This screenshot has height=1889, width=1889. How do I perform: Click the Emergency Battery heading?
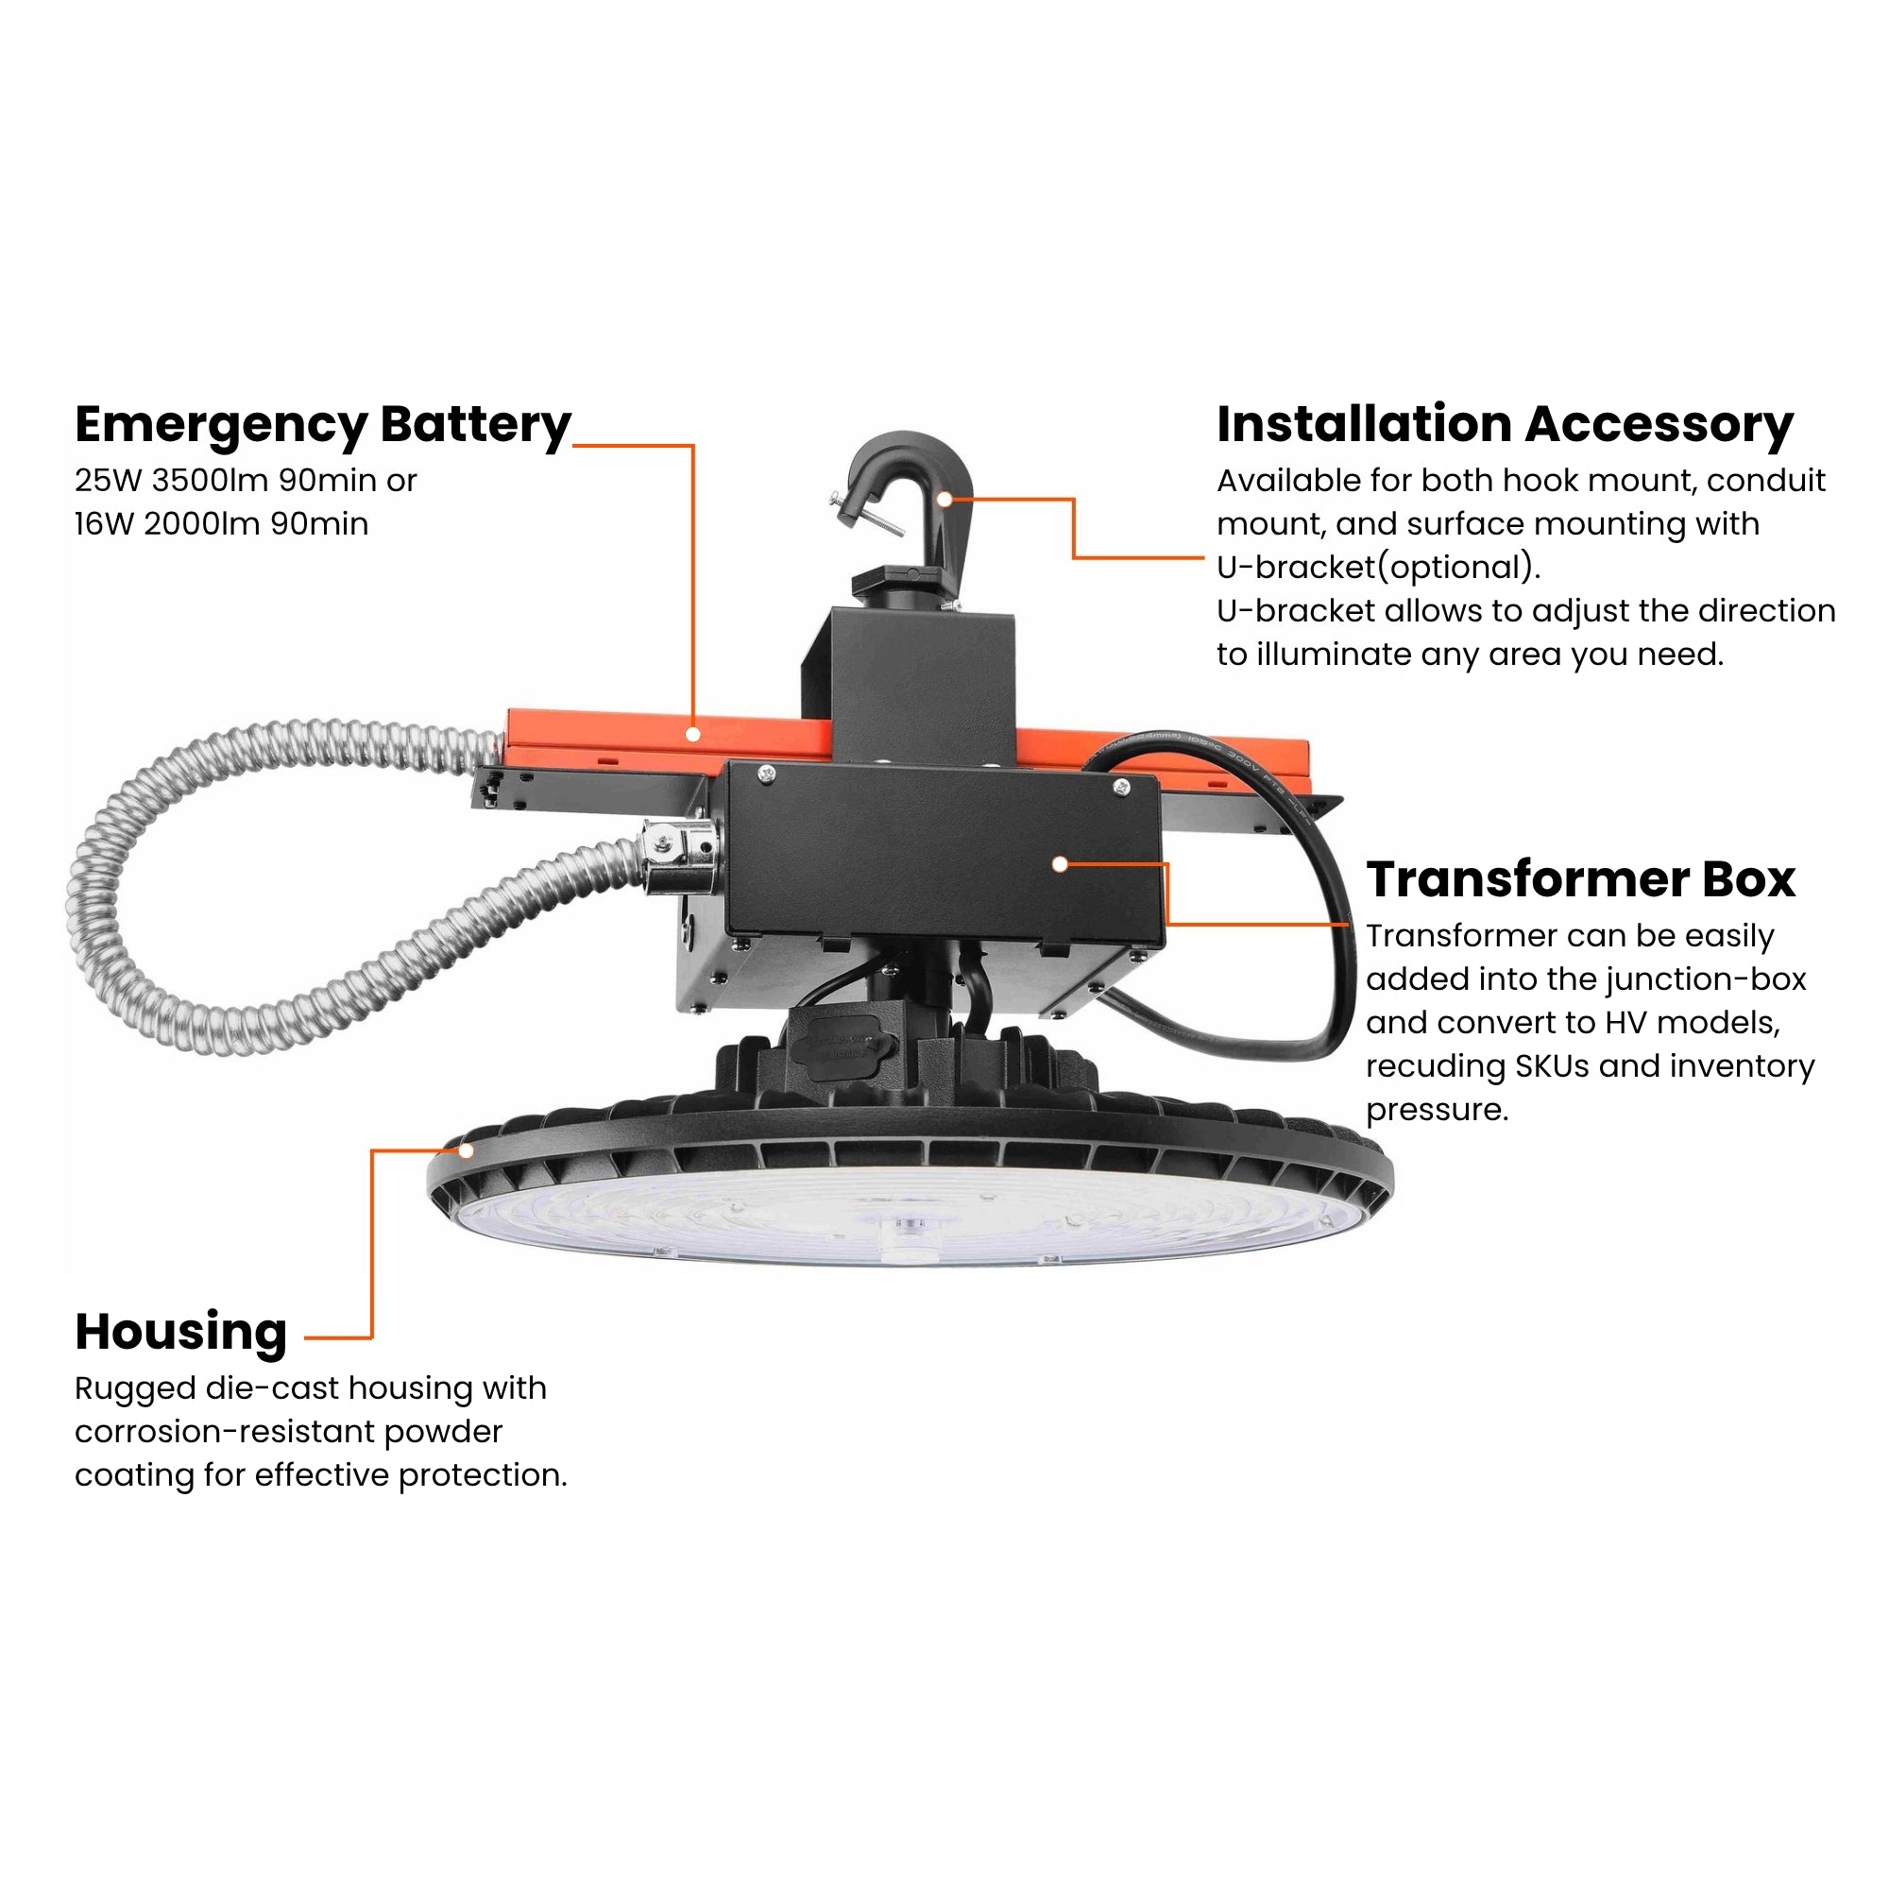[323, 425]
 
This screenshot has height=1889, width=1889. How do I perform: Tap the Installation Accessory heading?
[1504, 425]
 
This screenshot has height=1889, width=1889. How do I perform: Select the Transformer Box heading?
[1580, 880]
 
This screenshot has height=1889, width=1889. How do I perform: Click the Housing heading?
[181, 1333]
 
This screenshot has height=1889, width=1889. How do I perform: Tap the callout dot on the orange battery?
[692, 733]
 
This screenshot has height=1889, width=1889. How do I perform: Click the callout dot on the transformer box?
[1060, 864]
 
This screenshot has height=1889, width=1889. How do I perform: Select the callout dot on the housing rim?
[467, 1150]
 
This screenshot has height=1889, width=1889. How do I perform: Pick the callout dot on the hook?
[944, 499]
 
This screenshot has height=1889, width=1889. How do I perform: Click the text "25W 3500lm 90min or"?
[246, 481]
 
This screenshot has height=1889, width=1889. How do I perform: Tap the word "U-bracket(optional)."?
[1378, 568]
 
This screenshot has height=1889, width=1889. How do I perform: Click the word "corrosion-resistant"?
[224, 1433]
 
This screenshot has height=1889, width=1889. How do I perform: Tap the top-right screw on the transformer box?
[1121, 784]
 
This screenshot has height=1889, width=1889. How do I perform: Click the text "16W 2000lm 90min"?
[221, 525]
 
